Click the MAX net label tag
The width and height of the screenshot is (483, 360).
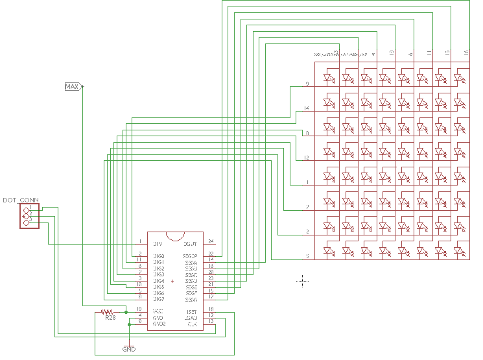click(72, 86)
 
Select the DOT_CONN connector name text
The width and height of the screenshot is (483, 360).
click(21, 200)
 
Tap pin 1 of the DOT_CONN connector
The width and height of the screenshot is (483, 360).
click(27, 208)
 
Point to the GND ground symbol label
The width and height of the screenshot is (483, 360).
click(129, 350)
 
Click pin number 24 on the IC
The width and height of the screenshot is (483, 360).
click(211, 242)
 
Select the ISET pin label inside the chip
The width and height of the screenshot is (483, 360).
click(191, 312)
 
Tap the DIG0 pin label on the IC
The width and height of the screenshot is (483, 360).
click(159, 256)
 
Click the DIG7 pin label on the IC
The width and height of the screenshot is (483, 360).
click(159, 299)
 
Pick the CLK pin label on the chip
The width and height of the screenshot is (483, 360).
click(192, 324)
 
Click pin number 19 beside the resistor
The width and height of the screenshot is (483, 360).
click(139, 309)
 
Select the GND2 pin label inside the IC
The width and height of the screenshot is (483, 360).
click(159, 324)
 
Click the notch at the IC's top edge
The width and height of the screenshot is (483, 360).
click(175, 235)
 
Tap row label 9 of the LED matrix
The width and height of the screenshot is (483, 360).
click(307, 84)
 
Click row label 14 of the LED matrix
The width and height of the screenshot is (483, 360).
click(307, 109)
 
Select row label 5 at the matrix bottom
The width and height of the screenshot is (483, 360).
click(307, 257)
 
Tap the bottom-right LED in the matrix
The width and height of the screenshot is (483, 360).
click(458, 251)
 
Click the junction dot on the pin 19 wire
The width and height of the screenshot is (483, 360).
click(126, 312)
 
